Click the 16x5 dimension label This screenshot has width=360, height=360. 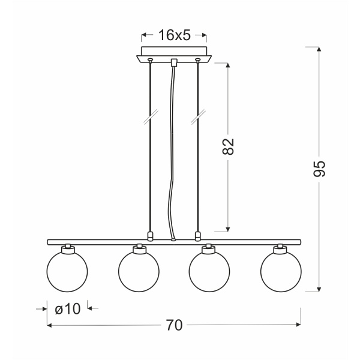pyautogui.click(x=175, y=35)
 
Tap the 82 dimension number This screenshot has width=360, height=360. pyautogui.click(x=228, y=146)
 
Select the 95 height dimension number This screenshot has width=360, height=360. pyautogui.click(x=319, y=169)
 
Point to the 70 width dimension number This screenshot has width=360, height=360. pyautogui.click(x=174, y=325)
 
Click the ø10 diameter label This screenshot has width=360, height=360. pyautogui.click(x=68, y=308)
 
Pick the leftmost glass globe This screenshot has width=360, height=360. pyautogui.click(x=67, y=271)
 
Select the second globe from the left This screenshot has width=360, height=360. pyautogui.click(x=139, y=271)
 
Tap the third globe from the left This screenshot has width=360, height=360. pyautogui.click(x=209, y=271)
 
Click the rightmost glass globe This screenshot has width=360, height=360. pyautogui.click(x=281, y=271)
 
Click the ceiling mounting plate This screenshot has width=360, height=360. pyautogui.click(x=174, y=54)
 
